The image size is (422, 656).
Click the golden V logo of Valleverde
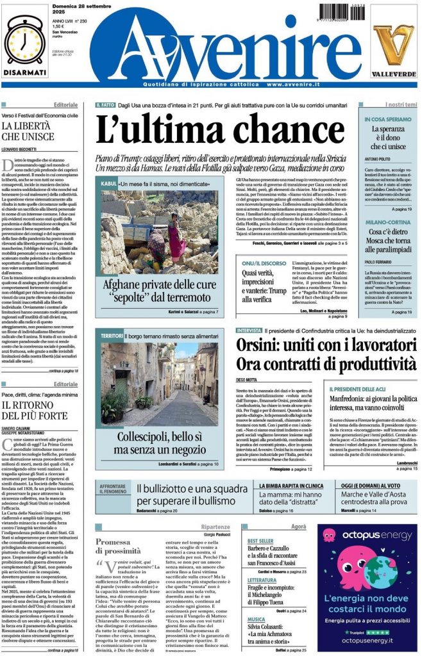click(394, 44)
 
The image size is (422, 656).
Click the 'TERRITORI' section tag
click(112, 335)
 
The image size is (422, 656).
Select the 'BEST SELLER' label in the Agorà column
click(260, 541)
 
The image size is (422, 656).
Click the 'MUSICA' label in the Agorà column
click(257, 619)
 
